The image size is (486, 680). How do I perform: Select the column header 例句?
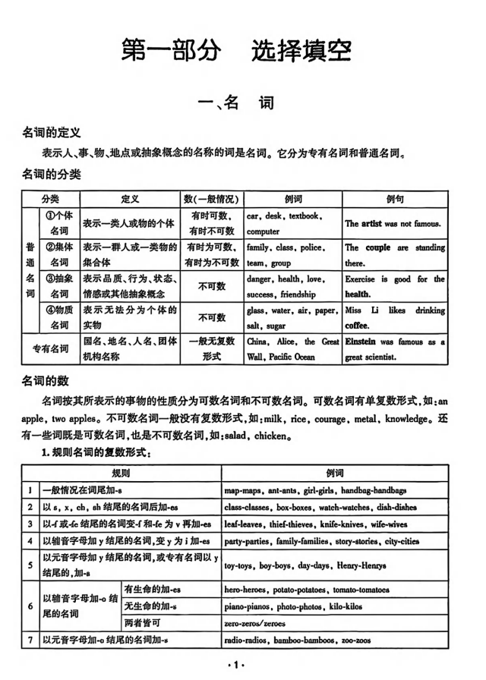point(395,199)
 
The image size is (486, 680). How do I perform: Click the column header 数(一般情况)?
point(211,199)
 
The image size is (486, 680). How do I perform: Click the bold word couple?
point(377,247)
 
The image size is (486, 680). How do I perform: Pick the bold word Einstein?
point(363,342)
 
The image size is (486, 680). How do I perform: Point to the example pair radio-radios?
point(245,641)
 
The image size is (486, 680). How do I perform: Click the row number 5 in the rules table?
point(30,565)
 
